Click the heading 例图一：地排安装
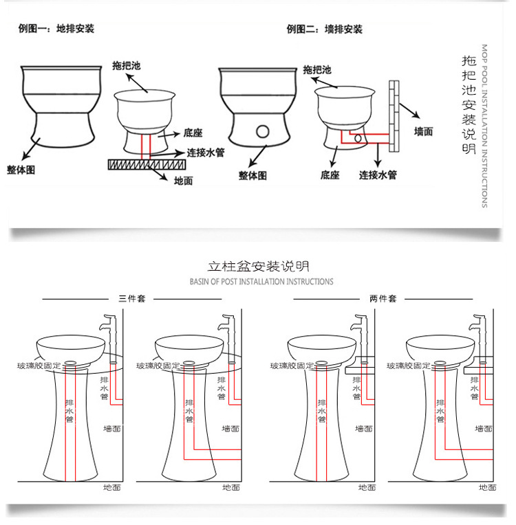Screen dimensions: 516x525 (56, 29)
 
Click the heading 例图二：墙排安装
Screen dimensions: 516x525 (324, 30)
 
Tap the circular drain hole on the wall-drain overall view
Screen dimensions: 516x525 (263, 131)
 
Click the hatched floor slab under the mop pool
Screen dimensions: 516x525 (147, 164)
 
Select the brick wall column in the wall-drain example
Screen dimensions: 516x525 (394, 116)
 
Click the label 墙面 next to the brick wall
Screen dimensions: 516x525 (423, 131)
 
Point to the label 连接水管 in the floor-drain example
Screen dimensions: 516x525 (206, 153)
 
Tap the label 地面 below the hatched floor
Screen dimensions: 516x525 (183, 181)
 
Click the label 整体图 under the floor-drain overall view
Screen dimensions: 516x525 (21, 170)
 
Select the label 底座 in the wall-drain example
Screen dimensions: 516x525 (330, 175)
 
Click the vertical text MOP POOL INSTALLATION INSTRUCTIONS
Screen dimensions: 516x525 (484, 126)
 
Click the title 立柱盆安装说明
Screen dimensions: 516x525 (258, 267)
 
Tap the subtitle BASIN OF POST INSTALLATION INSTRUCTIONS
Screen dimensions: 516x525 (261, 282)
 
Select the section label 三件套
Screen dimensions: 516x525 (132, 298)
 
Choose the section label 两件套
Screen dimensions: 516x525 (383, 298)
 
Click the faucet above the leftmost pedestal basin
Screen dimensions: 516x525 (109, 338)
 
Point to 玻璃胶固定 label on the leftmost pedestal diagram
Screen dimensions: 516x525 (39, 366)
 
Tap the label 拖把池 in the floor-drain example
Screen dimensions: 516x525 (127, 66)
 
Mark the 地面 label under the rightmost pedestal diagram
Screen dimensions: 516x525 (487, 487)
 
